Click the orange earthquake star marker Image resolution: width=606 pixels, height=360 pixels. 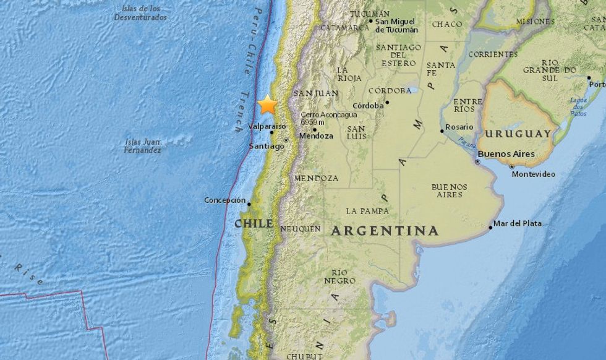point(268,105)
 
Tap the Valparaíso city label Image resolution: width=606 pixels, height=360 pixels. point(267,126)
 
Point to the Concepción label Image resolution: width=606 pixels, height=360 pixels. point(225,200)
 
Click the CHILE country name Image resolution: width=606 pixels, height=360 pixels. point(254,223)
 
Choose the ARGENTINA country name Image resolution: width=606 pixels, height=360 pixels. point(385,231)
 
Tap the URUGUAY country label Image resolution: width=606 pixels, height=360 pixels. point(518,134)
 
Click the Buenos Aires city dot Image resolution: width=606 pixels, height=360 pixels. point(477,161)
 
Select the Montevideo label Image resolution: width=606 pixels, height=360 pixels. point(533,174)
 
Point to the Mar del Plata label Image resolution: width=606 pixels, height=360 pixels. point(518,223)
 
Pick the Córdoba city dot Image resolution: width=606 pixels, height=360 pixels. point(387,103)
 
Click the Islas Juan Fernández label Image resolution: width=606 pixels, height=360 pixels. point(143,145)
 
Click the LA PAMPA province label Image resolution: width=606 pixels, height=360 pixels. point(367,211)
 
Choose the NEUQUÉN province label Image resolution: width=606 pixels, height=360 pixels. point(301,229)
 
